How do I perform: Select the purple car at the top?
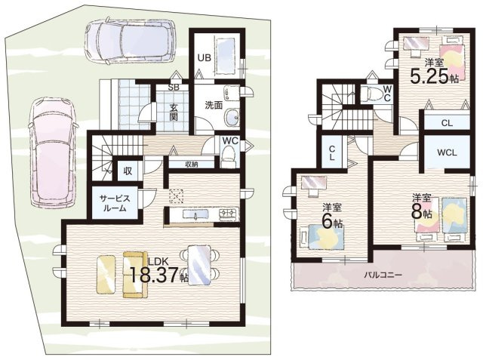(130, 42)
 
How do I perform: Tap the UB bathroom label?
(204, 57)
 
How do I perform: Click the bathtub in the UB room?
(227, 56)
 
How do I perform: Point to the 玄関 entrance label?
(174, 112)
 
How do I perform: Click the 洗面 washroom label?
(214, 106)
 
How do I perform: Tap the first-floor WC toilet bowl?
(228, 155)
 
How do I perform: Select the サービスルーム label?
(115, 203)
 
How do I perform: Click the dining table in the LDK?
(199, 265)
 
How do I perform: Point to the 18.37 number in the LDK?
(154, 275)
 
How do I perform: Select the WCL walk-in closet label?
(447, 152)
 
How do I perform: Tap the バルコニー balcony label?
(383, 275)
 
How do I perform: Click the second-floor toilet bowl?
(371, 93)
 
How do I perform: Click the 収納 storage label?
(191, 164)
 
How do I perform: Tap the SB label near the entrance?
(174, 87)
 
